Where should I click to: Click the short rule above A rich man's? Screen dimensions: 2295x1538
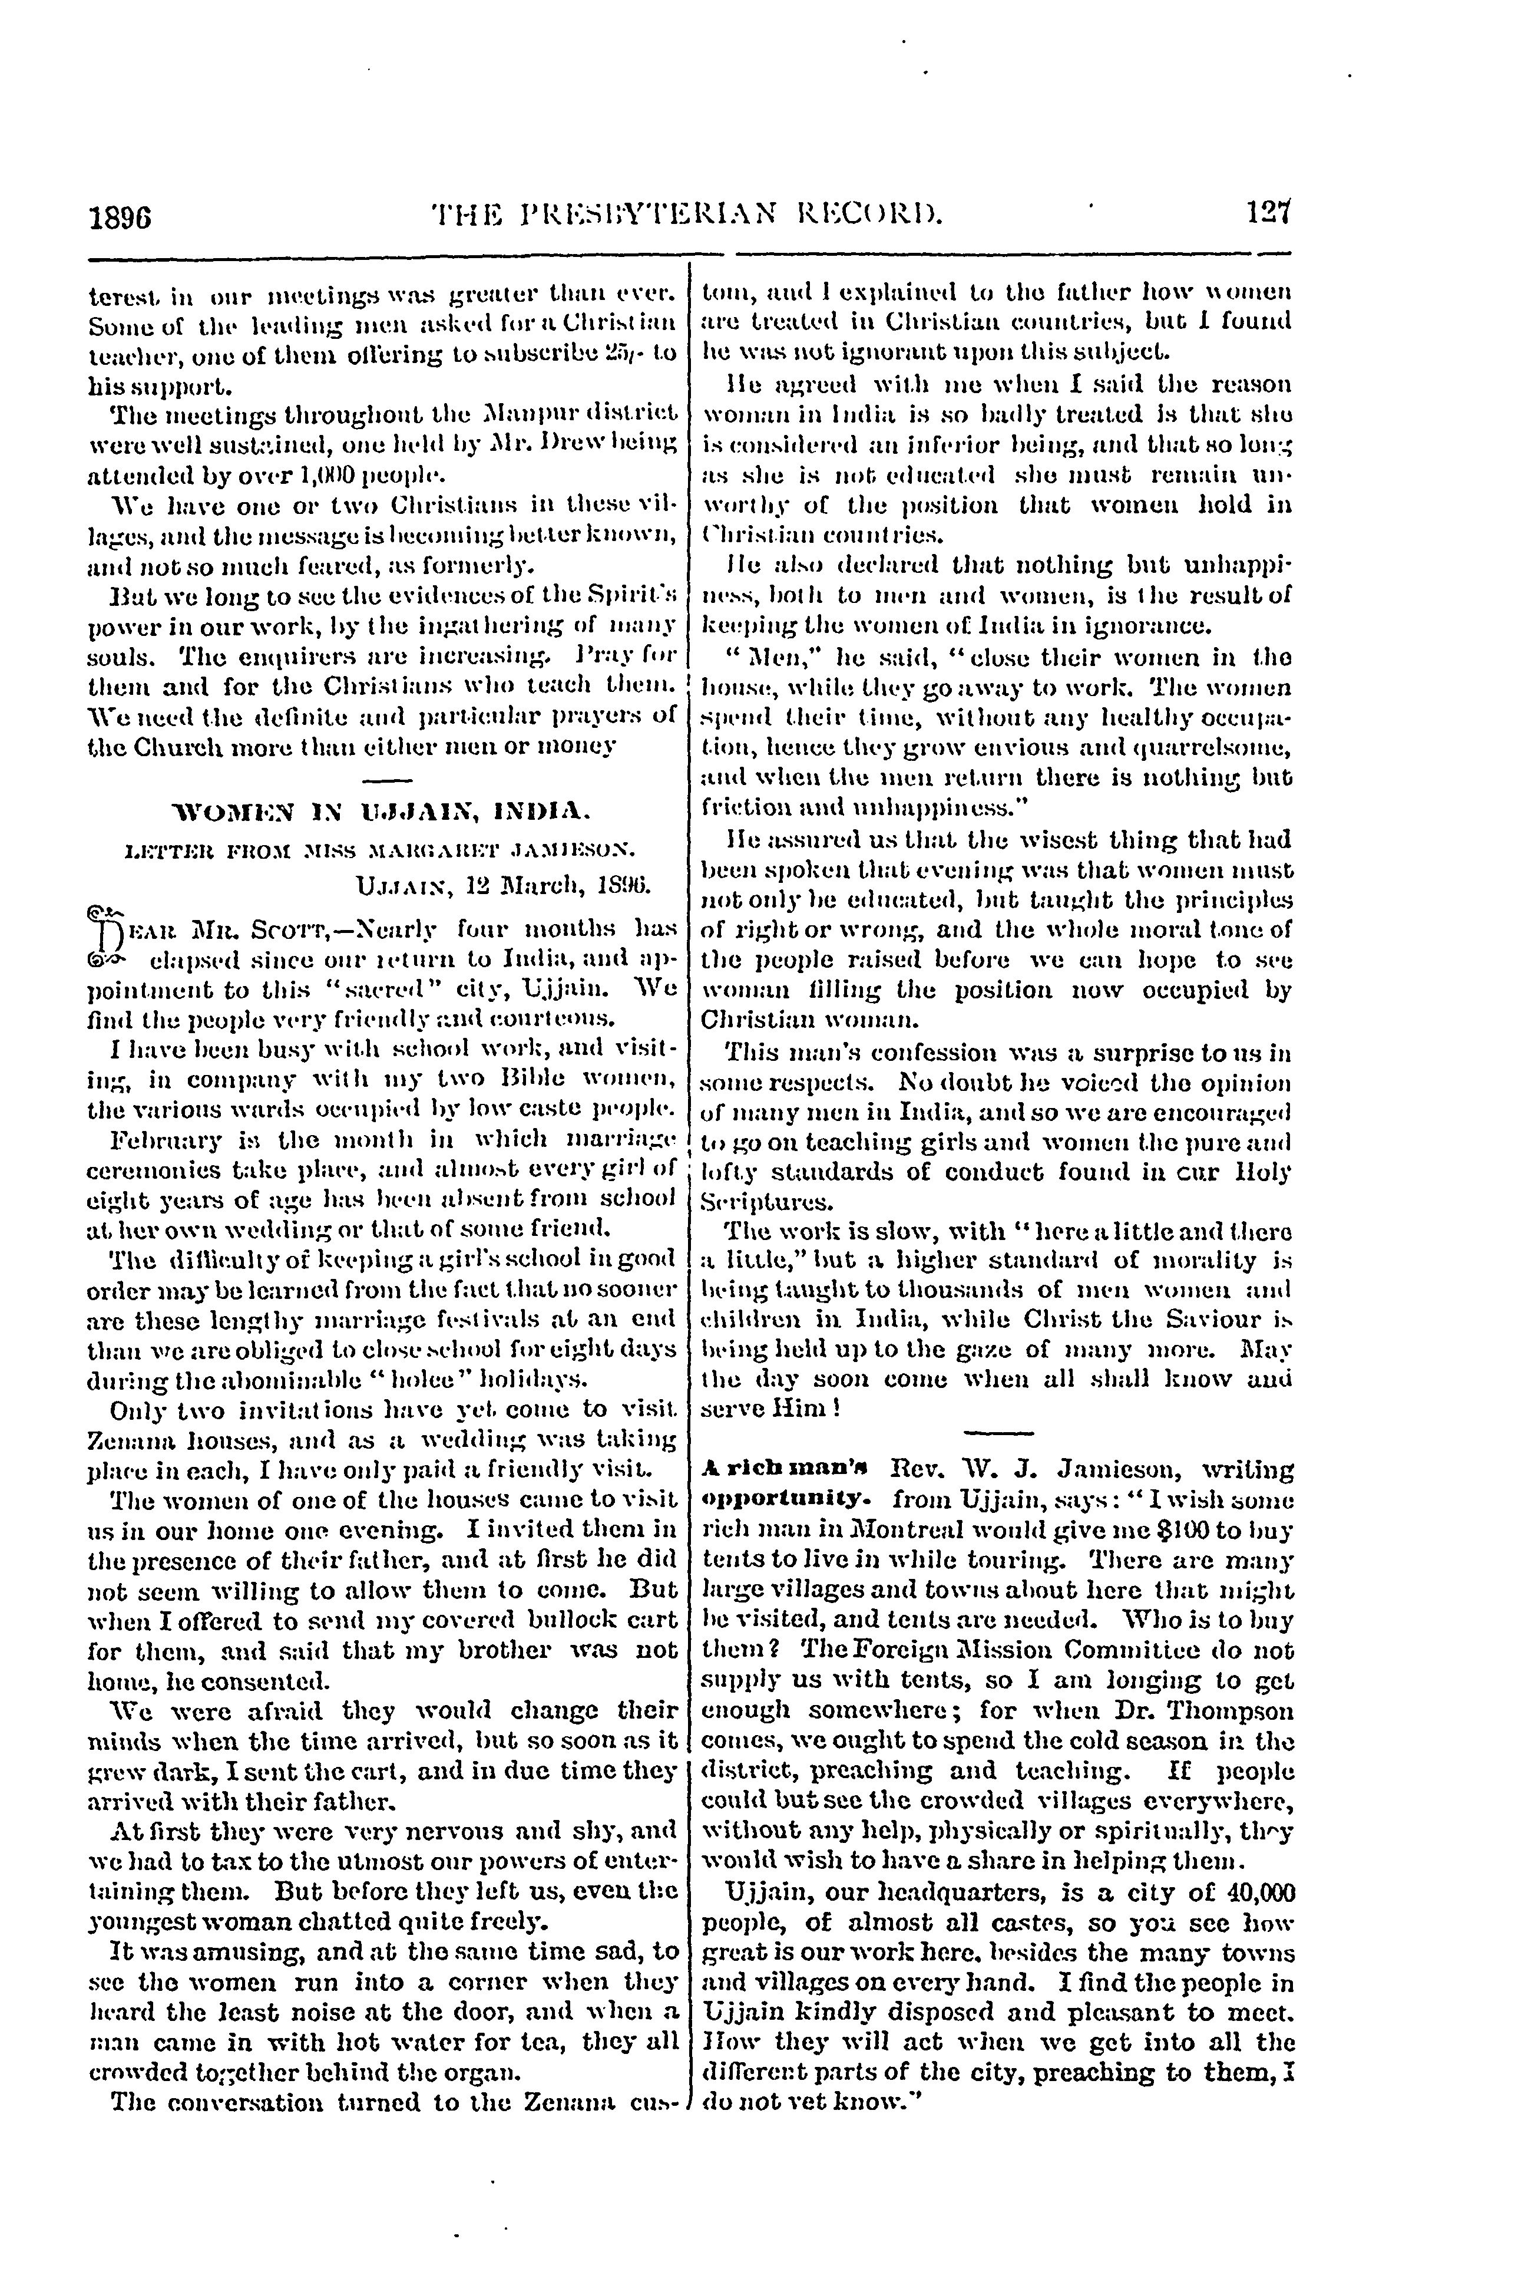point(997,1433)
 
